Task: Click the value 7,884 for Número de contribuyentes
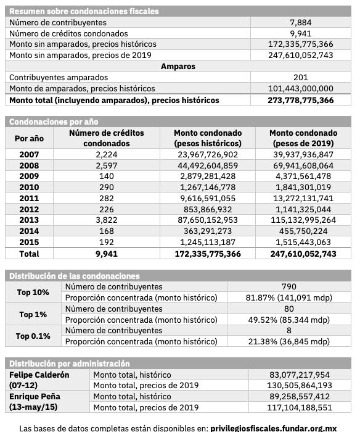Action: pos(300,22)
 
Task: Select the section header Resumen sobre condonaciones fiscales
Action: pos(84,11)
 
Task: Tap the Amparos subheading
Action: pos(178,66)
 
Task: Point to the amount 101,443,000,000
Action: pos(300,88)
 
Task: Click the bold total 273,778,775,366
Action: pos(300,99)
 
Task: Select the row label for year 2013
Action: pos(29,220)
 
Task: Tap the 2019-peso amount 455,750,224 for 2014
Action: pos(303,231)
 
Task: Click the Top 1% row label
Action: pos(33,314)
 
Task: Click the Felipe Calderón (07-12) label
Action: pos(39,380)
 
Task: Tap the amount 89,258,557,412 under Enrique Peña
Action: pos(300,397)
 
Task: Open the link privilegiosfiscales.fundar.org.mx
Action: pos(273,427)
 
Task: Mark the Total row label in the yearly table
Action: pos(29,254)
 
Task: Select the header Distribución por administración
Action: pos(70,363)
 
